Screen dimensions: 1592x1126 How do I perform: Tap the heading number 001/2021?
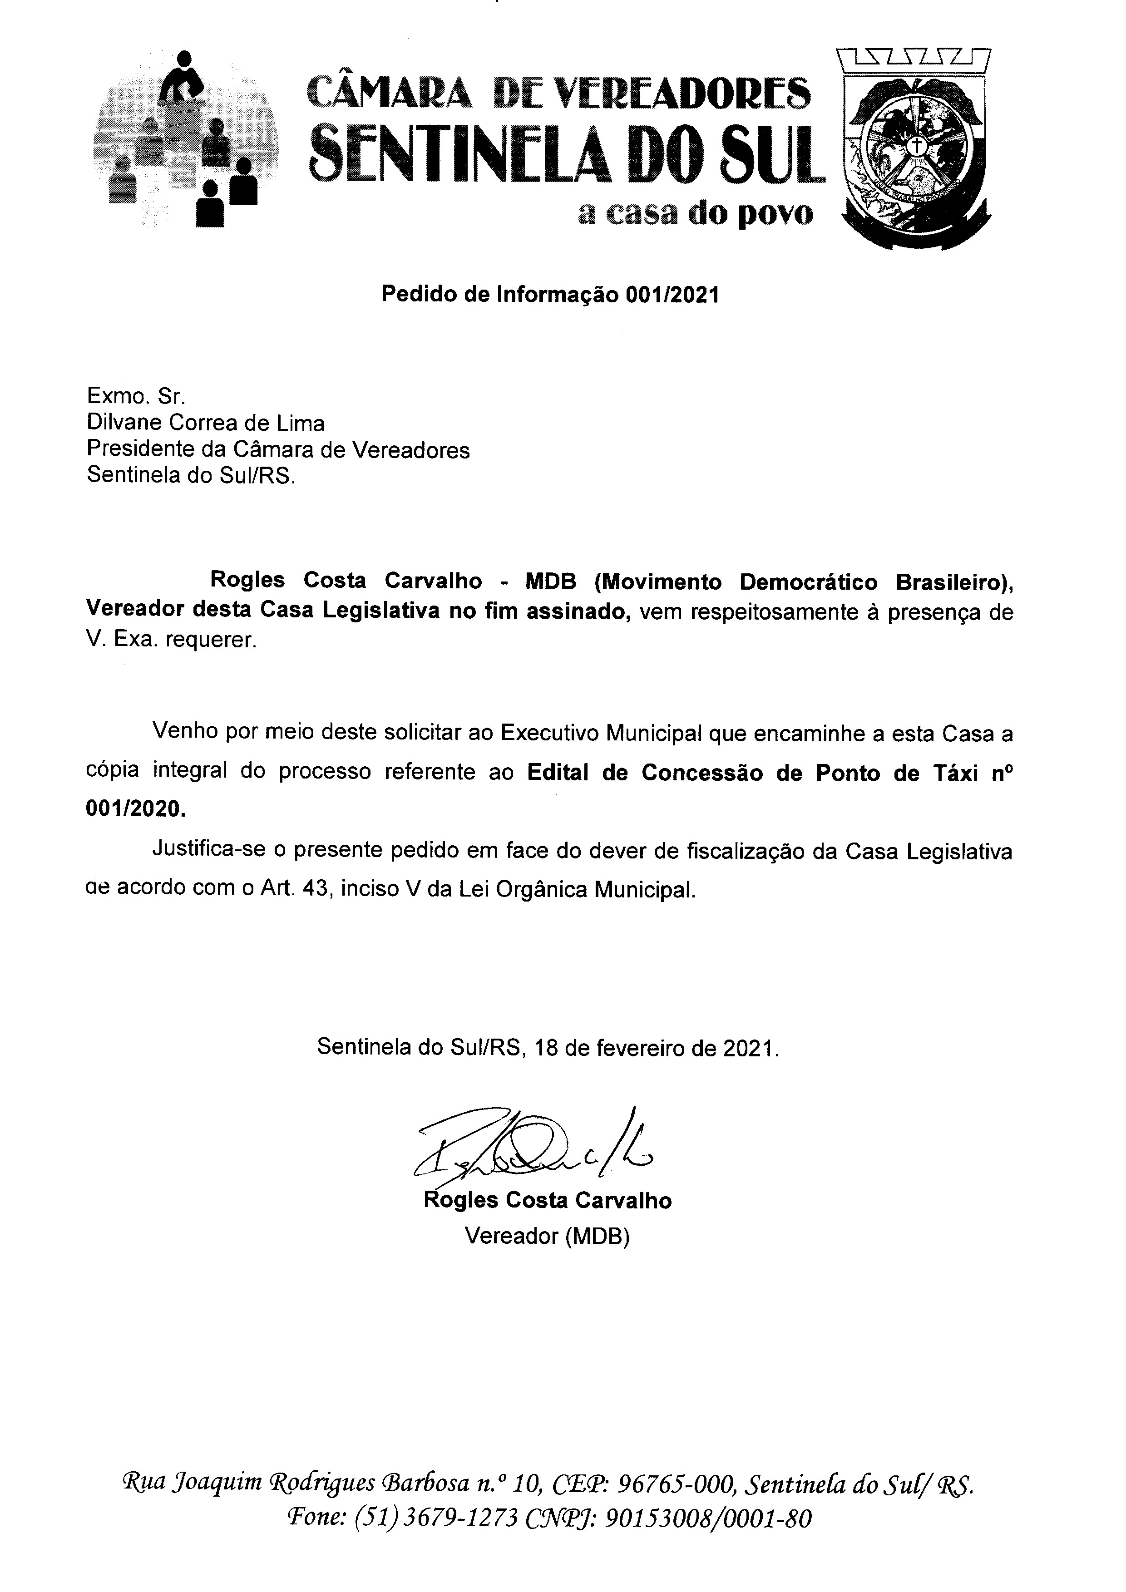[x=672, y=296]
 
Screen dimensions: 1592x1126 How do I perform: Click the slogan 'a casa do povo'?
[x=695, y=214]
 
